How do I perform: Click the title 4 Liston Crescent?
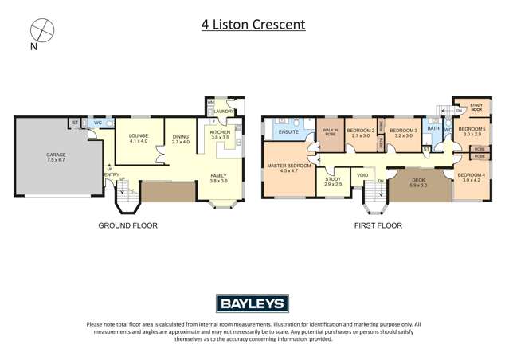point(253,25)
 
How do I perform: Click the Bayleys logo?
point(253,303)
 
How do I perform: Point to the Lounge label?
point(139,138)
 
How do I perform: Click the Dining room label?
point(182,138)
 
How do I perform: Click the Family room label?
point(218,178)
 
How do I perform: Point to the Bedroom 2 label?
point(360,132)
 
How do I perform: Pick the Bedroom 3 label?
point(404,132)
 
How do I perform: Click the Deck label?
point(418,182)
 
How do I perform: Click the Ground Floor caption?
point(127,225)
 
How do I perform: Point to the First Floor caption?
point(378,225)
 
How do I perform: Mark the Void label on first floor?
point(362,174)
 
